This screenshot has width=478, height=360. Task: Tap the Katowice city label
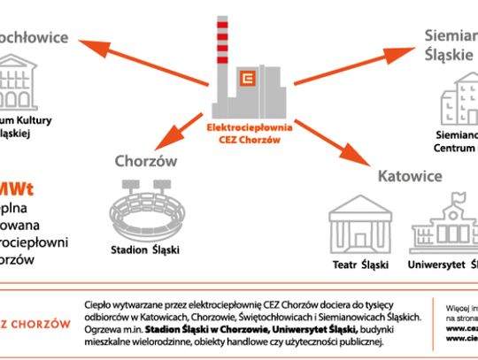click(x=410, y=176)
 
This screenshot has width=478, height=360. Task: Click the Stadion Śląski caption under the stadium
click(x=145, y=249)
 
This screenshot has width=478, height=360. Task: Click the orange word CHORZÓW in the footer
click(x=41, y=324)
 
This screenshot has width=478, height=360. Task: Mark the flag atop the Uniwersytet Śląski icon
click(x=454, y=195)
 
